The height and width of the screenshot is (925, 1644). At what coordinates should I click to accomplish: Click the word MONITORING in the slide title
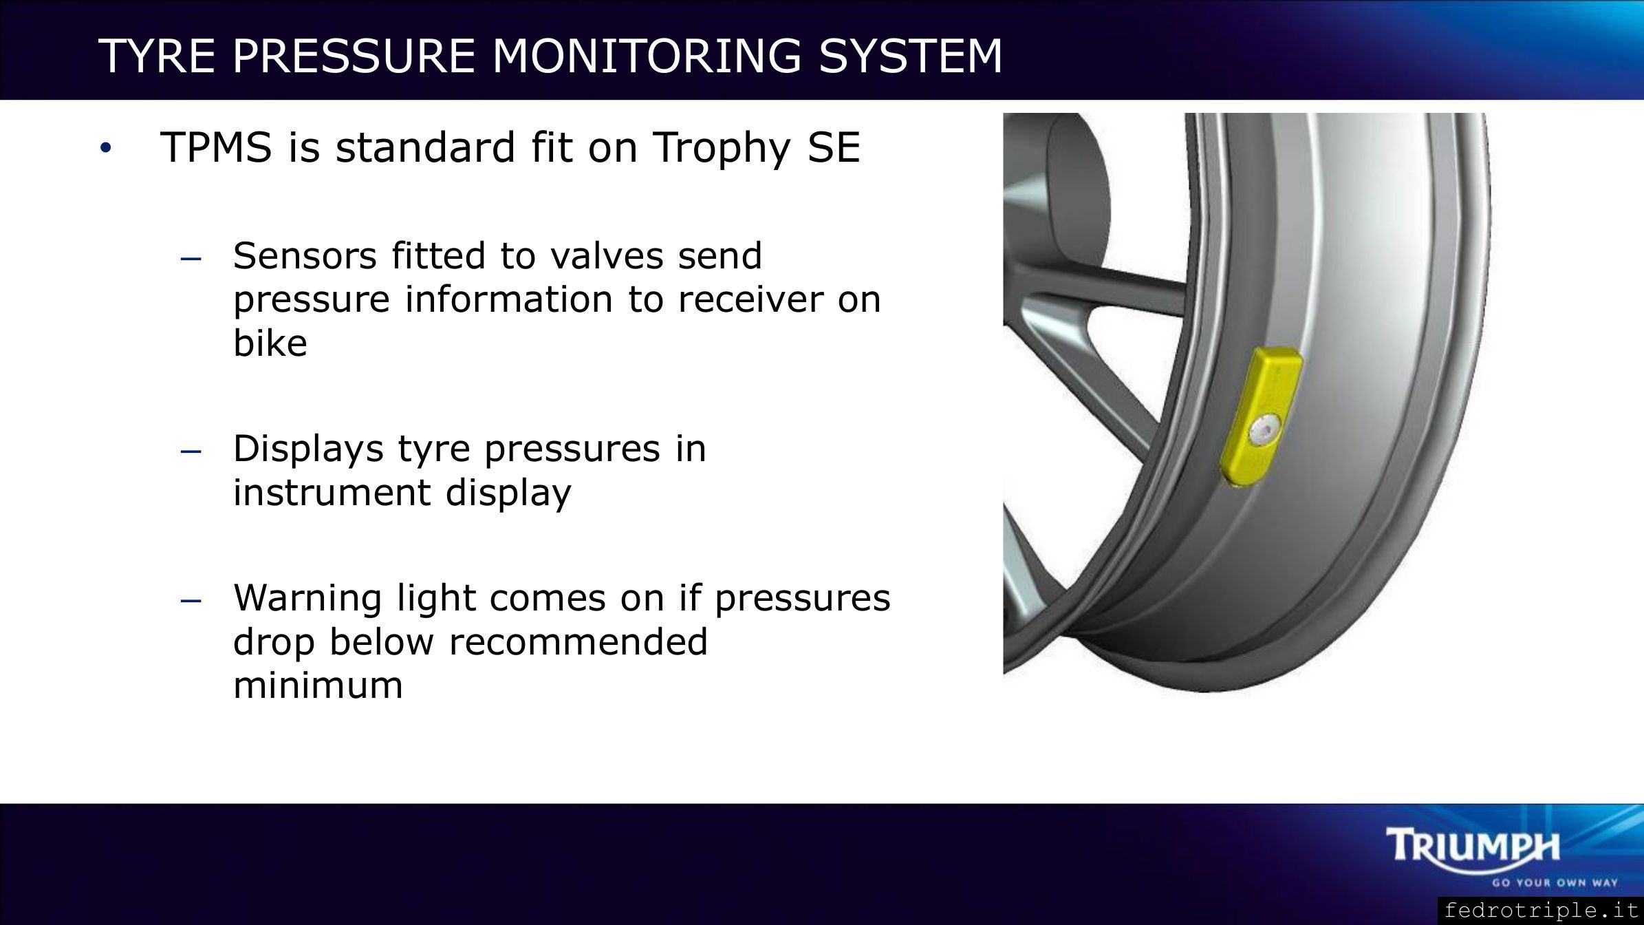(x=647, y=55)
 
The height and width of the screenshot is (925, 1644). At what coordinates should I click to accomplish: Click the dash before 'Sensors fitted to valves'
(x=190, y=260)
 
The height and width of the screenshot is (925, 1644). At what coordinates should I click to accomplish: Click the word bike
(x=270, y=342)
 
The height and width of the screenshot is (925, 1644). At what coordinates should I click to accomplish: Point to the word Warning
(x=307, y=598)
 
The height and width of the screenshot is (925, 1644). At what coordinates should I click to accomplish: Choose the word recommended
(x=578, y=641)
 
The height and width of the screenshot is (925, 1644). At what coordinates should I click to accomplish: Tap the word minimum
(x=318, y=685)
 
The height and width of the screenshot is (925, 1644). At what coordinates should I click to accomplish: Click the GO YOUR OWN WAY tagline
(x=1555, y=882)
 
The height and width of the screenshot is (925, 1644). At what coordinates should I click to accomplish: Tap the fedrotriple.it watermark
(x=1542, y=911)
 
